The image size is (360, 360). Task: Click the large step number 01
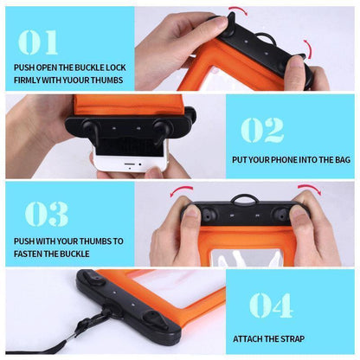40,42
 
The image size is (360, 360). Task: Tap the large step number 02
261,129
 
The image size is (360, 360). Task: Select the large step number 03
47,215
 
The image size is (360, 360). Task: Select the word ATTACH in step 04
252,339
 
